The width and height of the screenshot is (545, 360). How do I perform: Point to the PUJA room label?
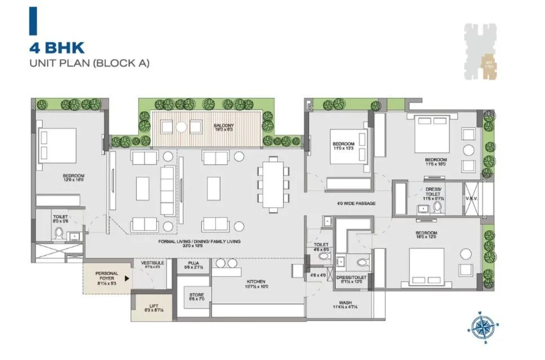193,265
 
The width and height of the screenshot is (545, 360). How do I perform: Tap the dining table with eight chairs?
273,184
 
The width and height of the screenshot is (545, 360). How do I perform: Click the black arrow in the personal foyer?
127,277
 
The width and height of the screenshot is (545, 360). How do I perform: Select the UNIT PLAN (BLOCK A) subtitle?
89,63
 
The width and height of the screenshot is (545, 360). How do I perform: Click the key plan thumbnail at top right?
482,52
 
